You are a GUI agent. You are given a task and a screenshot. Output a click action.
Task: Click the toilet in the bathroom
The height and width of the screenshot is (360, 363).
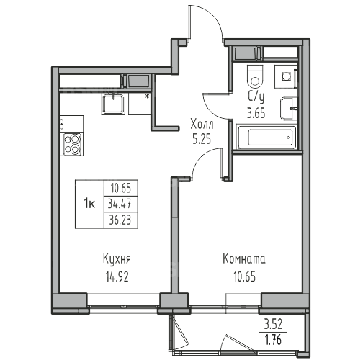click(255, 76)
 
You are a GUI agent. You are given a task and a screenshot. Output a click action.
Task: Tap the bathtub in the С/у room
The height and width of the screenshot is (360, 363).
click(266, 137)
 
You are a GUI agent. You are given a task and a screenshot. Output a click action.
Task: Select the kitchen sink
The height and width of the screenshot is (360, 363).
click(113, 104)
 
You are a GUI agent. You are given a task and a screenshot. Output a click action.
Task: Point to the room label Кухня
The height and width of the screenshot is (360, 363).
click(117, 259)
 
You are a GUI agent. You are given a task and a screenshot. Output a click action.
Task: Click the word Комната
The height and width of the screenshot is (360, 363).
click(244, 259)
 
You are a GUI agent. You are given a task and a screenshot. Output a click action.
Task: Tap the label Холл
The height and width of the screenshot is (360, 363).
click(202, 125)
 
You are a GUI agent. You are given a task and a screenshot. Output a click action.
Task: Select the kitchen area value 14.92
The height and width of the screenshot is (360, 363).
click(117, 276)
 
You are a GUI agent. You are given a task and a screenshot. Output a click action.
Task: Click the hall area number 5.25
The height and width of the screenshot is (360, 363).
click(202, 139)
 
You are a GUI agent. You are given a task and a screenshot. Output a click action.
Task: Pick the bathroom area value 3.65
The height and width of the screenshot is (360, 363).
click(256, 113)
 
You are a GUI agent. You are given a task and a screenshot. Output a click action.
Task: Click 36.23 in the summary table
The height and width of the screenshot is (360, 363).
click(120, 220)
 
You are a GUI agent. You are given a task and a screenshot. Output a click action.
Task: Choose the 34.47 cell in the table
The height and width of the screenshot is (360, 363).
click(120, 204)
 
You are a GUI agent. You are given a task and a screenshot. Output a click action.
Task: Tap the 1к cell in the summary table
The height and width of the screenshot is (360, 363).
click(89, 204)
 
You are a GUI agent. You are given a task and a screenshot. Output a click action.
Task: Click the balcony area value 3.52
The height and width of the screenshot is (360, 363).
click(273, 325)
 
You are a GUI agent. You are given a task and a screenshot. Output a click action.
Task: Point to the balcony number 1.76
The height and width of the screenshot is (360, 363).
click(274, 340)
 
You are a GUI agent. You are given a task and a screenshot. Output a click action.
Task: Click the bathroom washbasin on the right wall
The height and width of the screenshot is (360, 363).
click(289, 109)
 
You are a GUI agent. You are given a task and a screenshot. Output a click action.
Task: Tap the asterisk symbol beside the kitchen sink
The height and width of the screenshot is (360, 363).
click(148, 96)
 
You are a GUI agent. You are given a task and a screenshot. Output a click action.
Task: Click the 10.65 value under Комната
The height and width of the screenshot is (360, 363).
click(244, 276)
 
